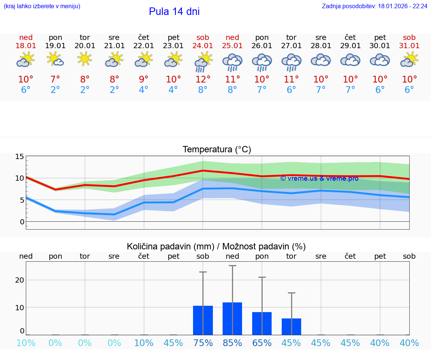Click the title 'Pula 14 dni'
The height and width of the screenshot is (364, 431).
click(174, 12)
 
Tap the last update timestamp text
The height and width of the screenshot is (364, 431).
click(375, 6)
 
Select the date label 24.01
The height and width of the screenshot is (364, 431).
click(203, 46)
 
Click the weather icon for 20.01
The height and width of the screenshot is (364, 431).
click(85, 59)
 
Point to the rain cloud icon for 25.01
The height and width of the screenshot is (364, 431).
click(232, 62)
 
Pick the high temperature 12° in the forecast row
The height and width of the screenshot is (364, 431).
click(203, 80)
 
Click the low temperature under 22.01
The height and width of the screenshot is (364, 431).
click(144, 90)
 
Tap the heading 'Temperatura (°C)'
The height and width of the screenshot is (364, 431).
click(217, 150)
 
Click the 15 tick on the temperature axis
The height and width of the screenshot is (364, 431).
click(19, 156)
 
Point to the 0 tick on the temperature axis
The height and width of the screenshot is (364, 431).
click(22, 222)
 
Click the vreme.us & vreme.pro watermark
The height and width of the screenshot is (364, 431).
click(319, 178)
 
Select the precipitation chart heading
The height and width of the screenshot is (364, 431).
click(216, 246)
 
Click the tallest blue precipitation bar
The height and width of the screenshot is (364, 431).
click(232, 318)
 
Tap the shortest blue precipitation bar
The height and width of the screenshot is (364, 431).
click(291, 327)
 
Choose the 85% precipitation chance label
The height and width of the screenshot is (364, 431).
click(232, 343)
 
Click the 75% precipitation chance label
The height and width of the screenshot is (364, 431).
click(203, 343)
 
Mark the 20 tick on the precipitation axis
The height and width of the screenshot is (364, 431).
click(19, 280)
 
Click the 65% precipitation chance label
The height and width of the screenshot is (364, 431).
click(262, 343)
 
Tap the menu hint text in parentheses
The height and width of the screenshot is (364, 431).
click(42, 6)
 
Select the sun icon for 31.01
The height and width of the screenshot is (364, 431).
click(409, 59)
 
